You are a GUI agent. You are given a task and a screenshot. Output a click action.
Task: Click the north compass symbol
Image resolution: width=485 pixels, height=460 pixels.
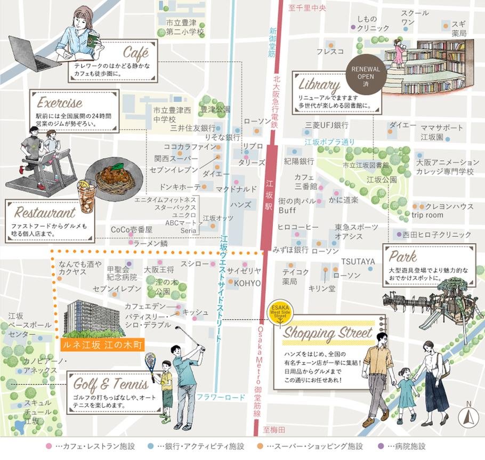coord(468,416)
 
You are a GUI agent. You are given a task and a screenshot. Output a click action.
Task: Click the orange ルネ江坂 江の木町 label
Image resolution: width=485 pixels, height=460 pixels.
coord(103,345)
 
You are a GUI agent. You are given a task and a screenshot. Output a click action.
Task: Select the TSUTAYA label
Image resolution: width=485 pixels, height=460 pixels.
coord(358,261)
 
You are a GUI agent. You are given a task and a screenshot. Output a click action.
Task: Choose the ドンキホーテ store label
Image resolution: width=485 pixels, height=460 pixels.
coord(176,187)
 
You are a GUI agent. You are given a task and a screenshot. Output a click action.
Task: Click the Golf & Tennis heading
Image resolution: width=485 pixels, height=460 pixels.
coord(111,384)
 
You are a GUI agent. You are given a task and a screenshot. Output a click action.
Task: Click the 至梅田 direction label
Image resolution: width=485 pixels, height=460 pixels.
coord(274,430)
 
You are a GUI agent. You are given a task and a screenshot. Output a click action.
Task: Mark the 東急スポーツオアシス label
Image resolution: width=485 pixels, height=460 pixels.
coord(349,232)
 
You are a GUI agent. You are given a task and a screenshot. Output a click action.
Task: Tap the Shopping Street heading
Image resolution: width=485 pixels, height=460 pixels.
coord(327,333)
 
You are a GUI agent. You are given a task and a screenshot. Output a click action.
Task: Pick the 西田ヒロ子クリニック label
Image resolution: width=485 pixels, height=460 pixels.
coord(437,235)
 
